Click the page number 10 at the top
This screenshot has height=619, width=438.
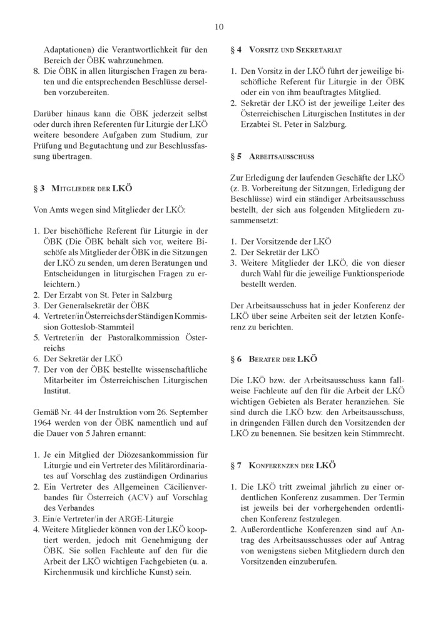point(218,26)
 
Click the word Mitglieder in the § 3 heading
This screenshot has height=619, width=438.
point(71,188)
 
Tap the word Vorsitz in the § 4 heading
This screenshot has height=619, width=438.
point(263,48)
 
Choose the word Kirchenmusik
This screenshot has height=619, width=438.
point(69,571)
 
